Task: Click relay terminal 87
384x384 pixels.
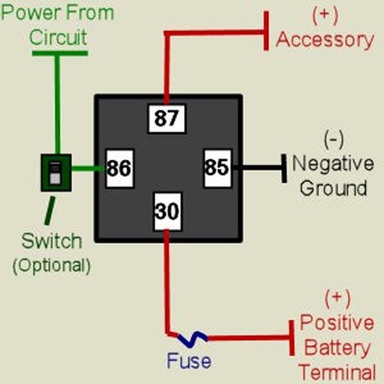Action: [x=167, y=118]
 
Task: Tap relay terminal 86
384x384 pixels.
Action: [x=119, y=168]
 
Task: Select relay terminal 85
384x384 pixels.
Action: [x=217, y=167]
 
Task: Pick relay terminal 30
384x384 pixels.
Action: [x=167, y=211]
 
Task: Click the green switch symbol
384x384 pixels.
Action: [x=55, y=173]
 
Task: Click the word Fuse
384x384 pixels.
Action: [x=189, y=361]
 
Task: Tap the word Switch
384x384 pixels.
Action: [x=52, y=241]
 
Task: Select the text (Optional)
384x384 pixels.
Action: [x=52, y=265]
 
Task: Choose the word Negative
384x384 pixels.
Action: [x=332, y=163]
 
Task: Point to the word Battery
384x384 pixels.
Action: [x=335, y=347]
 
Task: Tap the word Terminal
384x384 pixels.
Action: [x=337, y=370]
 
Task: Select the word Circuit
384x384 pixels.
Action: [x=58, y=37]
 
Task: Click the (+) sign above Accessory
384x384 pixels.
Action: [x=325, y=15]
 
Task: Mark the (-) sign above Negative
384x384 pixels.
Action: [x=333, y=140]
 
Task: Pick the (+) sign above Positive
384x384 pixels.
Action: [x=337, y=298]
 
